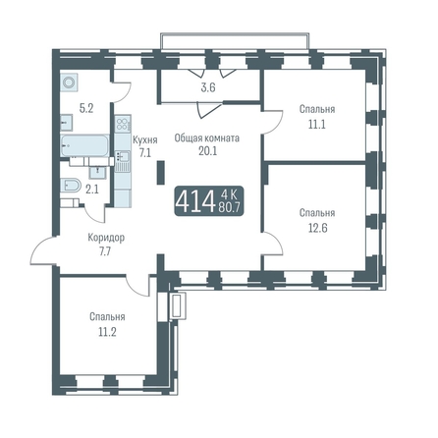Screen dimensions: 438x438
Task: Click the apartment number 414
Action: [x=194, y=201]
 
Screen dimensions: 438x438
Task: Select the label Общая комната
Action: [x=207, y=138]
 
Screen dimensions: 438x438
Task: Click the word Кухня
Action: [x=145, y=140]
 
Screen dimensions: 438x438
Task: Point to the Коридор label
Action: [x=106, y=238]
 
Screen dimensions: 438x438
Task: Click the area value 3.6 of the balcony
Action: [x=208, y=87]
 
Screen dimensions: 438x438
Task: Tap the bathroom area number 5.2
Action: [x=86, y=108]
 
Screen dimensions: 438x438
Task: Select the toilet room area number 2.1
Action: [x=92, y=190]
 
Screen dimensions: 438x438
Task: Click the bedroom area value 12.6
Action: [x=318, y=228]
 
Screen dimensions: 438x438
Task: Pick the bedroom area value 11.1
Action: [x=317, y=125]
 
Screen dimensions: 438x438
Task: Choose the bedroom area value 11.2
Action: [x=107, y=333]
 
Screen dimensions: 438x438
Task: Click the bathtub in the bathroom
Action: [x=84, y=145]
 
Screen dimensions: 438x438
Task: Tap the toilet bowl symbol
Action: [x=71, y=186]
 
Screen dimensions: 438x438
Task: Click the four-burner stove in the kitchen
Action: [x=123, y=124]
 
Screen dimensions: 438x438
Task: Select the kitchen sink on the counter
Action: [x=122, y=156]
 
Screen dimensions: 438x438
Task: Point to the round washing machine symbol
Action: [x=69, y=82]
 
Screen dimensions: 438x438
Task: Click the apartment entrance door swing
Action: [x=43, y=250]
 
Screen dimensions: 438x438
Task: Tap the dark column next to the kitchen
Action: [x=161, y=173]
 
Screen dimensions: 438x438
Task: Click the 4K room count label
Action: [x=229, y=194]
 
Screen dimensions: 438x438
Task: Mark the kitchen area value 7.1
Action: [x=145, y=152]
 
